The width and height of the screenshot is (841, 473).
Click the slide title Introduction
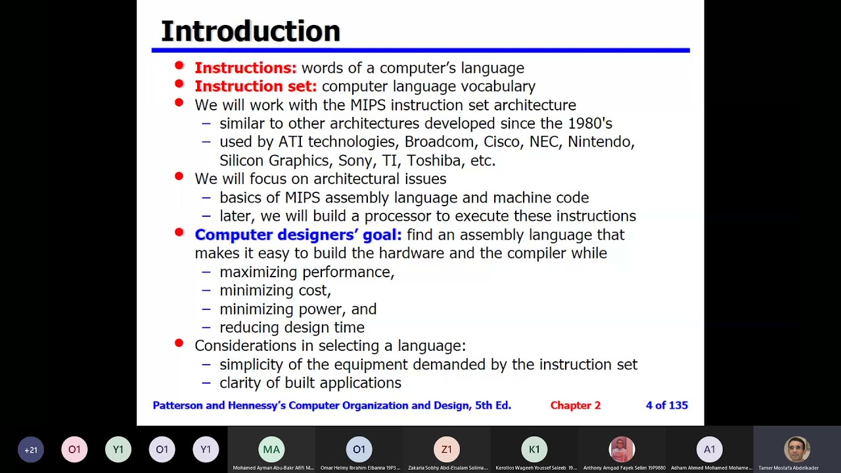tap(250, 32)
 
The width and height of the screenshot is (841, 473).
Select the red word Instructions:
tap(245, 68)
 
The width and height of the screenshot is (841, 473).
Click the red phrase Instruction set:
tap(255, 86)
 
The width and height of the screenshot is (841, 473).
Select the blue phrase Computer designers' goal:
tap(298, 235)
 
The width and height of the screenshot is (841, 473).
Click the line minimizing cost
tap(275, 290)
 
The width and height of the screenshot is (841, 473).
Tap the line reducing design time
tap(292, 327)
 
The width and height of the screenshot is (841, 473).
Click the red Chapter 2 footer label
tap(575, 405)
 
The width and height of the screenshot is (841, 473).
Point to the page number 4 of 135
tap(666, 405)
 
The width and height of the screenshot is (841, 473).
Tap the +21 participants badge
tap(31, 450)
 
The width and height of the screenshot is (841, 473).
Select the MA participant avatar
tap(271, 449)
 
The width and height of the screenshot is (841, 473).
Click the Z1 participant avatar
tap(446, 449)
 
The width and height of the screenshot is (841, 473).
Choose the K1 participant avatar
tap(534, 449)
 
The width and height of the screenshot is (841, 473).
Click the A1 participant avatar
tap(709, 449)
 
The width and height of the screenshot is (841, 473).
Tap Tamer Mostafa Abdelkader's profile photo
tap(796, 449)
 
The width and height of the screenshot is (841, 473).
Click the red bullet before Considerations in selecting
tap(179, 344)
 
